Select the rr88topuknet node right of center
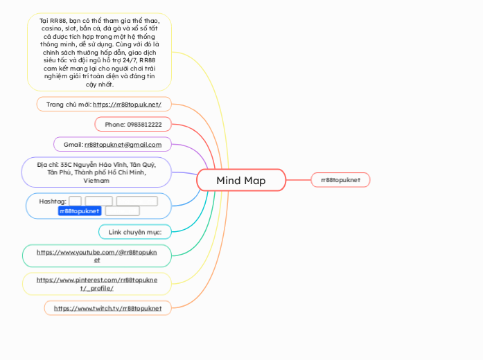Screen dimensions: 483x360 pos(340,180)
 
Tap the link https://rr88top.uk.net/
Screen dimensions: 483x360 pos(127,105)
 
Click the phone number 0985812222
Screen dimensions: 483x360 pos(144,125)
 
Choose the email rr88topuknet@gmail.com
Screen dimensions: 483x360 pos(123,145)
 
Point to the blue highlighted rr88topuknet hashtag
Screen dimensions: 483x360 pos(80,210)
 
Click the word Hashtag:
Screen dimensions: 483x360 pos(53,201)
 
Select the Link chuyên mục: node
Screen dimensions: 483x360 pos(135,231)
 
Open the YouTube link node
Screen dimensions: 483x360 pos(96,255)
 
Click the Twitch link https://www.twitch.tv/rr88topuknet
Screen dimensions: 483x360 pos(107,307)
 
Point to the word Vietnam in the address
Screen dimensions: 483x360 pos(96,181)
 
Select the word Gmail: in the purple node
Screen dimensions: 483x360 pos(73,145)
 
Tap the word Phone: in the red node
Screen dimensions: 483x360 pos(115,125)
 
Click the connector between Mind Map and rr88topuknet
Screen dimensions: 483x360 pos(298,180)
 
